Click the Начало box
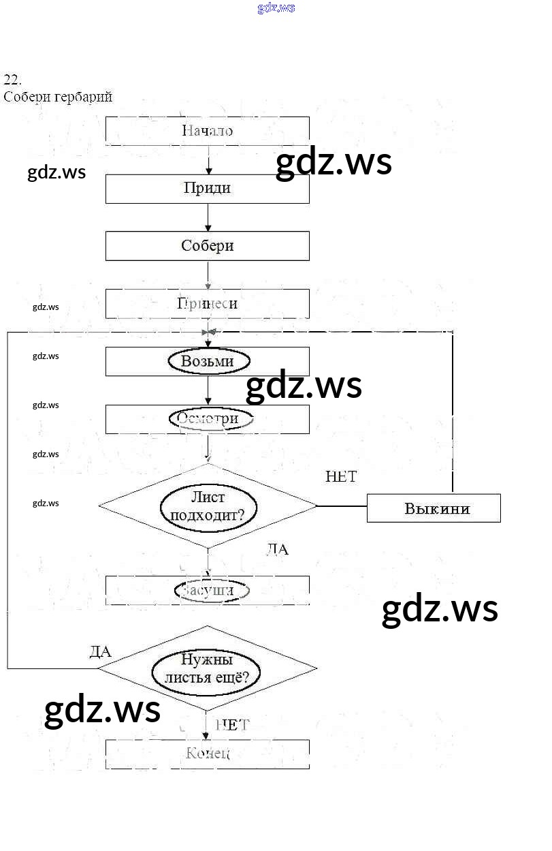pyautogui.click(x=207, y=131)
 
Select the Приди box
pyautogui.click(x=207, y=189)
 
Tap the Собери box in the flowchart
pyautogui.click(x=207, y=246)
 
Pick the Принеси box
pyautogui.click(x=207, y=304)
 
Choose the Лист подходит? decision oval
pyautogui.click(x=208, y=506)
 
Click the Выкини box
pyautogui.click(x=434, y=508)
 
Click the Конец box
pyautogui.click(x=207, y=754)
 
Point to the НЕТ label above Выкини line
pyautogui.click(x=341, y=477)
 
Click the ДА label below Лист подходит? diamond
pyautogui.click(x=277, y=549)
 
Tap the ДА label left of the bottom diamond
pyautogui.click(x=101, y=651)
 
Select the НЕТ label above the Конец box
pyautogui.click(x=233, y=725)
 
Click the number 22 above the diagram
pyautogui.click(x=12, y=79)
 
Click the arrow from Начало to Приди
pyautogui.click(x=208, y=161)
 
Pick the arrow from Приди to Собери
pyautogui.click(x=208, y=218)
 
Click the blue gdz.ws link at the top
pyautogui.click(x=276, y=8)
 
